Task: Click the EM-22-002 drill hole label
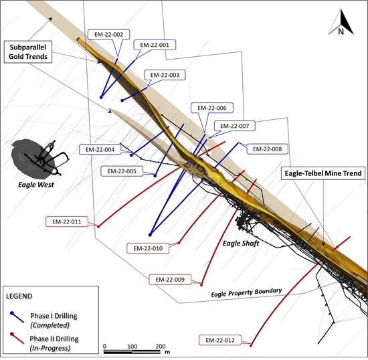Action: click(108, 35)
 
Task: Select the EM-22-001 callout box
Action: click(155, 45)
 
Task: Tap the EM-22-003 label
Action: click(165, 75)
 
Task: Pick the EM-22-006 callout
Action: click(212, 108)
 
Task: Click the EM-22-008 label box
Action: click(268, 149)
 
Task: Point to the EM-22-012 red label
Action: click(220, 341)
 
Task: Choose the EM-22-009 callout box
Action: click(170, 280)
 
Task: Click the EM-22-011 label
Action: click(67, 221)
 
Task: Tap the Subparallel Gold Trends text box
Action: click(28, 52)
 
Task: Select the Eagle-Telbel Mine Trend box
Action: click(323, 173)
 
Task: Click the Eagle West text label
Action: click(36, 185)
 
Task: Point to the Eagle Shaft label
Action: click(241, 244)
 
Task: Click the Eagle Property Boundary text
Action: click(246, 292)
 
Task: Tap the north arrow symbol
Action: click(341, 23)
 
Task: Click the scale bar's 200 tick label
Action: click(161, 346)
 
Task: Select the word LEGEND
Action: click(19, 296)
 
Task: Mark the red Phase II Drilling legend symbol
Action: click(17, 339)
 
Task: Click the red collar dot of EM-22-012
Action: click(251, 345)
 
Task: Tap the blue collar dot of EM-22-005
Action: click(155, 175)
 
